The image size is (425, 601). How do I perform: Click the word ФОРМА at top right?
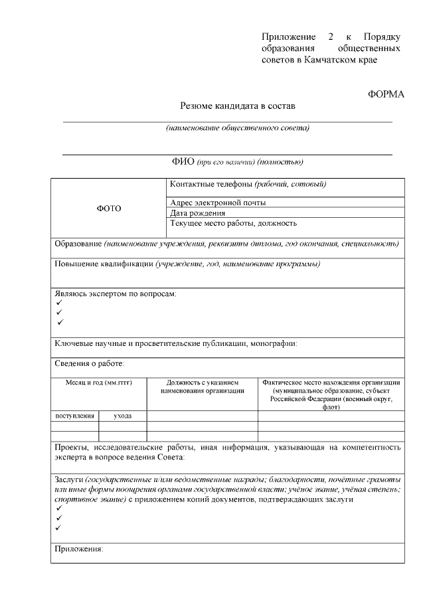coord(385,94)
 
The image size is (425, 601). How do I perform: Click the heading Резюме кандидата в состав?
coord(237,106)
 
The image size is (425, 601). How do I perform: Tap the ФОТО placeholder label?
coord(110,208)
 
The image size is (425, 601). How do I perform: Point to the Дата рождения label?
coord(197,213)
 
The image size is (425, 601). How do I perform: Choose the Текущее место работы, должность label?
coord(233,224)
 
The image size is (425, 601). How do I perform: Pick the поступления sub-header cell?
coord(74,416)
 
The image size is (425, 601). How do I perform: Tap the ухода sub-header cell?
coord(122,416)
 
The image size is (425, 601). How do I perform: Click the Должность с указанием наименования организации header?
coord(203,386)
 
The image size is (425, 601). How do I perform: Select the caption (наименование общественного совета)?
coord(237,128)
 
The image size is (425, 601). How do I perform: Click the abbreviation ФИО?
coord(183,161)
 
